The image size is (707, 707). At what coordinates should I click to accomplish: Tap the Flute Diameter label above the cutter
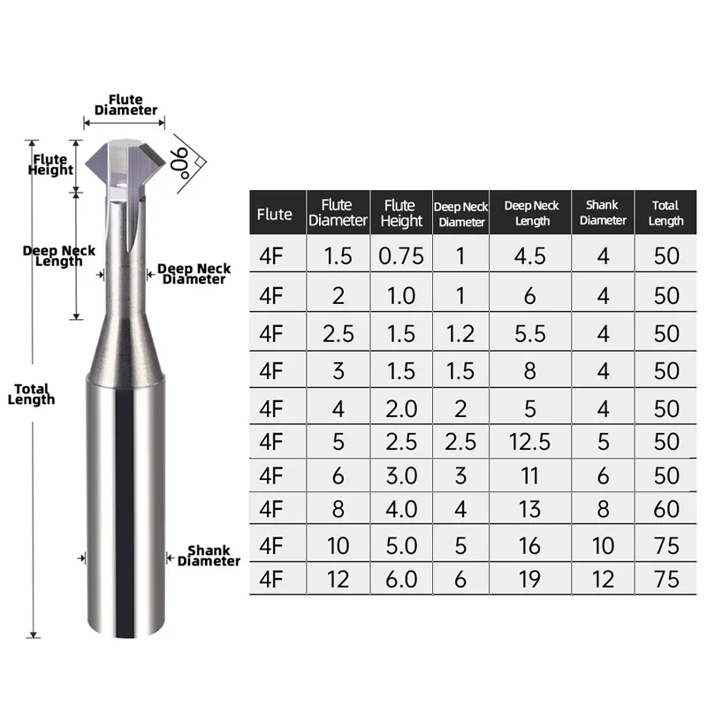(125, 105)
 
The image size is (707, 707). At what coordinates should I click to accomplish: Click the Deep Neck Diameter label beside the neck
(194, 274)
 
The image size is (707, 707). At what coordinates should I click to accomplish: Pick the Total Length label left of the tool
(32, 394)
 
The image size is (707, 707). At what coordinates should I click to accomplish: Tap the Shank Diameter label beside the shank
(209, 556)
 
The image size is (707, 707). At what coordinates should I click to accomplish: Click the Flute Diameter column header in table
(338, 213)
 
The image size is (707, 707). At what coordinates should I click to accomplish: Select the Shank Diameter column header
(603, 213)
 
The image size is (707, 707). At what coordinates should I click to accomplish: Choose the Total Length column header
(665, 213)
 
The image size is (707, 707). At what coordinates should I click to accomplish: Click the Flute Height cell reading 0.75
(401, 256)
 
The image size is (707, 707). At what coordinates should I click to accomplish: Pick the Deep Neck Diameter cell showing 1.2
(460, 333)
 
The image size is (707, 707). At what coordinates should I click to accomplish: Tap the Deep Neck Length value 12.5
(530, 440)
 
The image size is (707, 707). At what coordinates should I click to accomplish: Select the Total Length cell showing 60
(665, 509)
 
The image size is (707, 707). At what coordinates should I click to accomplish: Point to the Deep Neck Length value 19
(530, 579)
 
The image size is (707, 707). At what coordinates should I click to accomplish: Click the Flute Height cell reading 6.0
(401, 579)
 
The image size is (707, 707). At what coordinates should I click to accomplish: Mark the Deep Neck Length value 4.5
(530, 256)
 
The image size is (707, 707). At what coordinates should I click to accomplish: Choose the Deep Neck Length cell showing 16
(530, 544)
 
